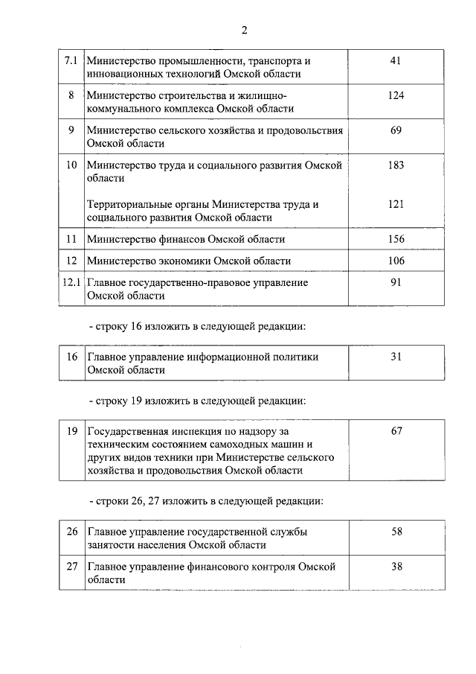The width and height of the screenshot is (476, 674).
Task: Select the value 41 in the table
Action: pyautogui.click(x=396, y=60)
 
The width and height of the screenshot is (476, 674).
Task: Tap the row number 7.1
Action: pyautogui.click(x=71, y=60)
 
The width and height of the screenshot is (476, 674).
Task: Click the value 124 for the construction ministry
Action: pyautogui.click(x=396, y=95)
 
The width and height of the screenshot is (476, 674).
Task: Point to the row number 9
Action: pyautogui.click(x=71, y=130)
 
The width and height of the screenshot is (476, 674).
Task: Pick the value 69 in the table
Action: pyautogui.click(x=396, y=130)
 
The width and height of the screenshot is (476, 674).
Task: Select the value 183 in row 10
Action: pyautogui.click(x=396, y=165)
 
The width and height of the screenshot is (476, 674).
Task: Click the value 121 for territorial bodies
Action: pyautogui.click(x=396, y=204)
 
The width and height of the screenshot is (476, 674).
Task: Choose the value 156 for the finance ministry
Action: pyautogui.click(x=396, y=239)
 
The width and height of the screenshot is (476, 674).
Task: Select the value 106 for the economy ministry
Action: pyautogui.click(x=396, y=261)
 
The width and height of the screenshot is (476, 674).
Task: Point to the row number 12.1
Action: pyautogui.click(x=71, y=282)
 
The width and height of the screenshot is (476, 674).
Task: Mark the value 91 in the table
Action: pyautogui.click(x=396, y=282)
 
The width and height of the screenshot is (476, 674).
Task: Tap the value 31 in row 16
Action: pyautogui.click(x=396, y=357)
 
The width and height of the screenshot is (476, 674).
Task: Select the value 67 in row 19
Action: pyautogui.click(x=396, y=431)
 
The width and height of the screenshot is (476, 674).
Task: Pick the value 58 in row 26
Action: pyautogui.click(x=396, y=531)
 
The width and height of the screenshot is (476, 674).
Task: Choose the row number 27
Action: pyautogui.click(x=71, y=566)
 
